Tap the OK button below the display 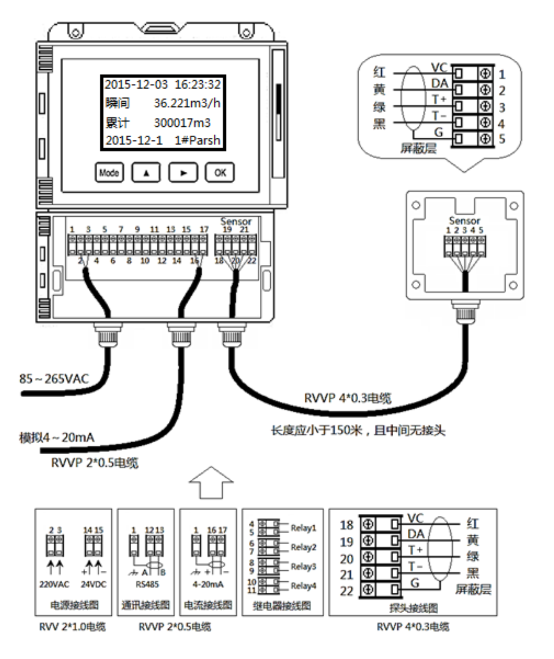(220, 173)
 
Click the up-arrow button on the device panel (146, 173)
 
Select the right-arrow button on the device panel (183, 173)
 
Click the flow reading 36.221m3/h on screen (187, 103)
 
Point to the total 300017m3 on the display (182, 122)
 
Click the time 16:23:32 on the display (197, 84)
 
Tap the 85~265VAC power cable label (54, 379)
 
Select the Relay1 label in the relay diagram (304, 527)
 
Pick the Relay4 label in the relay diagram (304, 586)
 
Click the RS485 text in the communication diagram (147, 584)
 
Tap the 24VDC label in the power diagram (94, 584)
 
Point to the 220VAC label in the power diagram (54, 584)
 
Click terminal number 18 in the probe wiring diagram (346, 525)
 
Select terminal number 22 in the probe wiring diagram (346, 591)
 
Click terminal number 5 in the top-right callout (502, 139)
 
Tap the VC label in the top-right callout (439, 68)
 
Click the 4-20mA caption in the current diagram (208, 584)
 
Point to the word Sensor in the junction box (464, 220)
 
